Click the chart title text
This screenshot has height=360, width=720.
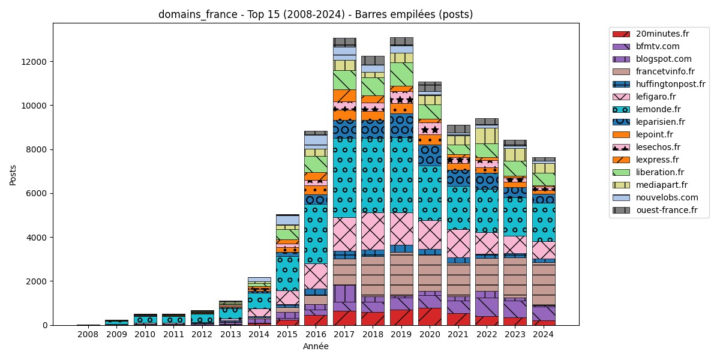tap(316, 14)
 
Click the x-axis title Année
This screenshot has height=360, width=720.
tap(316, 346)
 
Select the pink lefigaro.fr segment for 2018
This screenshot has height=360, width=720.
tap(373, 231)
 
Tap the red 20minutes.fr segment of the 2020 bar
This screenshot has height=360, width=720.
tap(430, 317)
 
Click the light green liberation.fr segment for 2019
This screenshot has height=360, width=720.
tap(401, 74)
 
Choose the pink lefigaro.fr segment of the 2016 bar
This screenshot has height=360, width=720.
tap(316, 276)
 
